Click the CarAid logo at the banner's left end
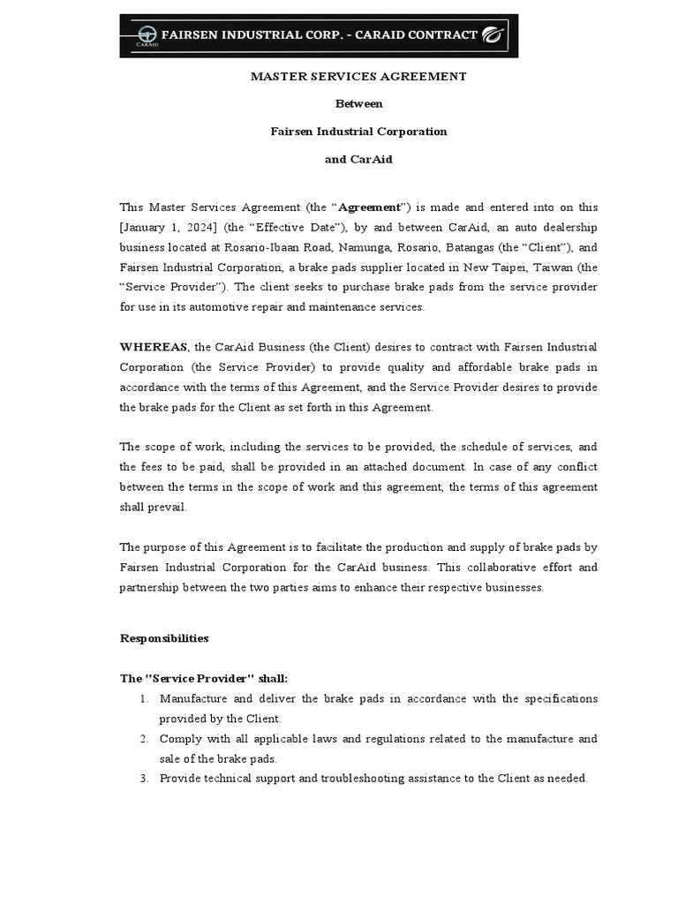click(x=146, y=36)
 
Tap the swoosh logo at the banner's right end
click(x=493, y=36)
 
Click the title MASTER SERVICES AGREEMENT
click(x=358, y=77)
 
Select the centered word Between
click(x=358, y=104)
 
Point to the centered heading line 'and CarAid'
click(x=358, y=159)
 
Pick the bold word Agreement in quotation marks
click(x=370, y=207)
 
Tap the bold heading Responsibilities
click(x=164, y=637)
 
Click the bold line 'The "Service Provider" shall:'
click(x=204, y=678)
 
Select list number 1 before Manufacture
click(x=143, y=698)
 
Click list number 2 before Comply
click(x=143, y=739)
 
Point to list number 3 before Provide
click(x=143, y=779)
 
